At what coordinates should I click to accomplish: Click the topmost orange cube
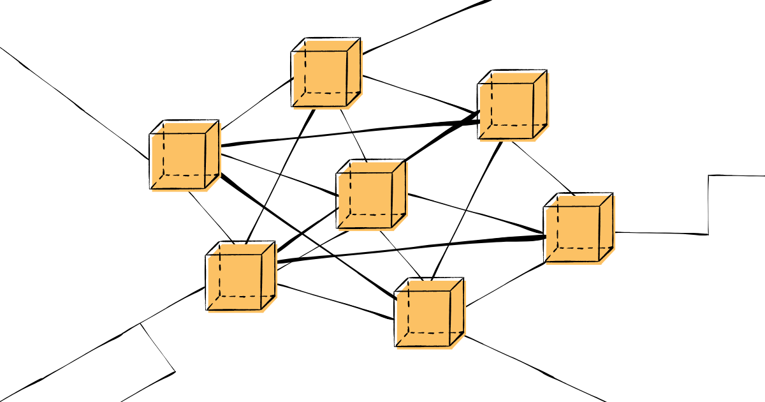325,73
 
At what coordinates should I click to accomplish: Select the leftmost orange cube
183,156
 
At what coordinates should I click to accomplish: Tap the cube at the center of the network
370,195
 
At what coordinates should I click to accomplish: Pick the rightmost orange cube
577,228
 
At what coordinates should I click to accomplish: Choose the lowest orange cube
428,314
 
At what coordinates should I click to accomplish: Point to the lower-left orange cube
239,277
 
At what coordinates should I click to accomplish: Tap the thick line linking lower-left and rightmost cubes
408,249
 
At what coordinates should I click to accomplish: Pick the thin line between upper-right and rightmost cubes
542,167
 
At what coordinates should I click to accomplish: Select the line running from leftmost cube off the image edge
76,102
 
